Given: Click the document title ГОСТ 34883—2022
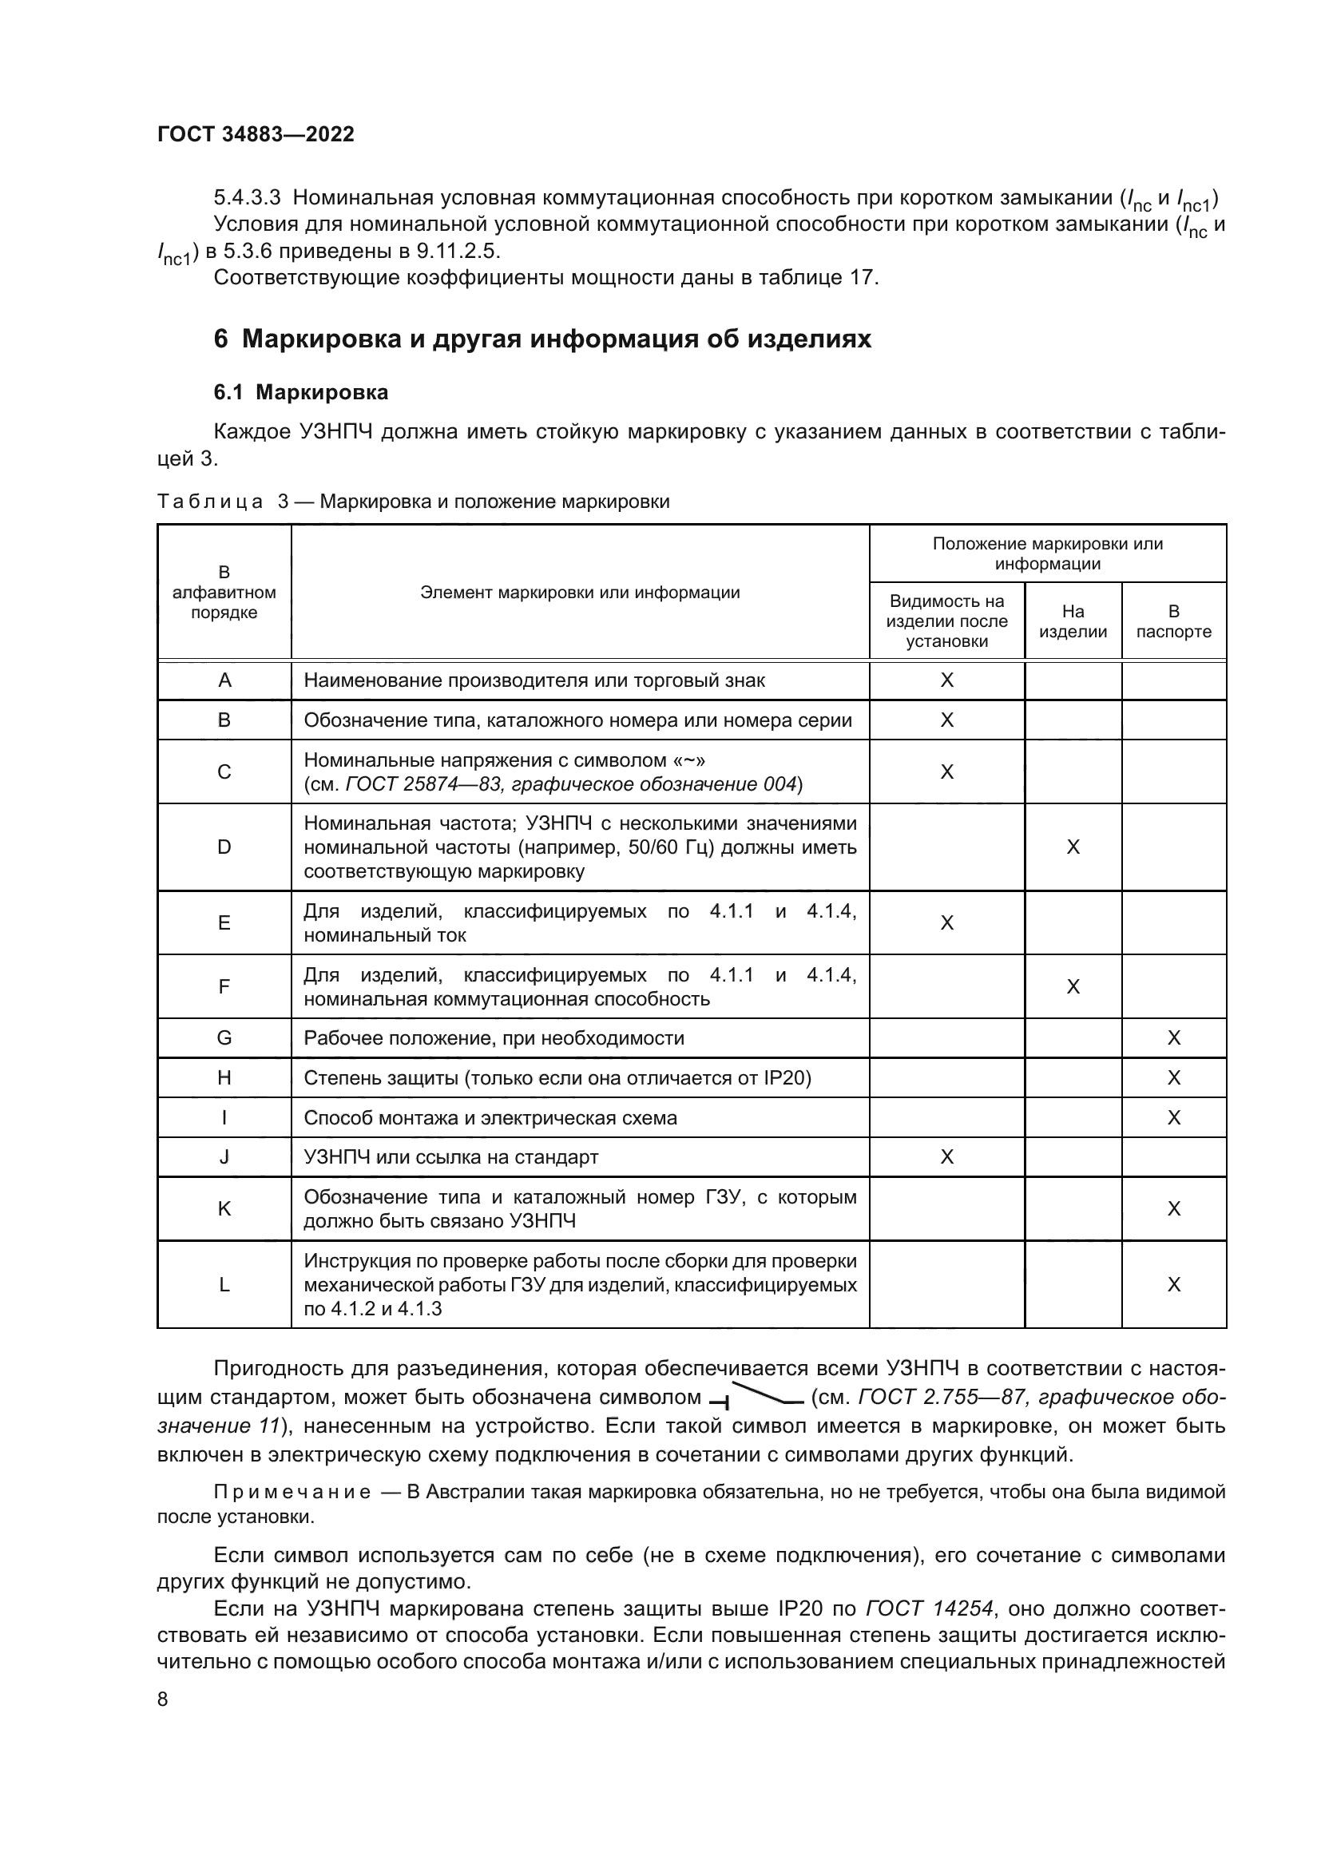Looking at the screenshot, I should [x=256, y=135].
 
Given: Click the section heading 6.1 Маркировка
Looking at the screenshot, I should [x=301, y=392].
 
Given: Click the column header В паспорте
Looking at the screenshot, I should [x=1173, y=621].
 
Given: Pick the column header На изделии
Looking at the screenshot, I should [x=1072, y=621].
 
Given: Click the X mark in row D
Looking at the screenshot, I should [x=1072, y=847].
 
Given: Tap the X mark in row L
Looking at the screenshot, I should [x=1173, y=1285].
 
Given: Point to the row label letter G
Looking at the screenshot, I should [x=224, y=1038].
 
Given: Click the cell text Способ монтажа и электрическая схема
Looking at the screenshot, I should [x=490, y=1118].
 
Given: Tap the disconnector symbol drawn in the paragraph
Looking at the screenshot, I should [x=756, y=1398].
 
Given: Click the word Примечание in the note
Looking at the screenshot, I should [x=292, y=1492].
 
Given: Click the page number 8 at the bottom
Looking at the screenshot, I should [x=163, y=1699].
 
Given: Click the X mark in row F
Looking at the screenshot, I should [x=1072, y=987].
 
